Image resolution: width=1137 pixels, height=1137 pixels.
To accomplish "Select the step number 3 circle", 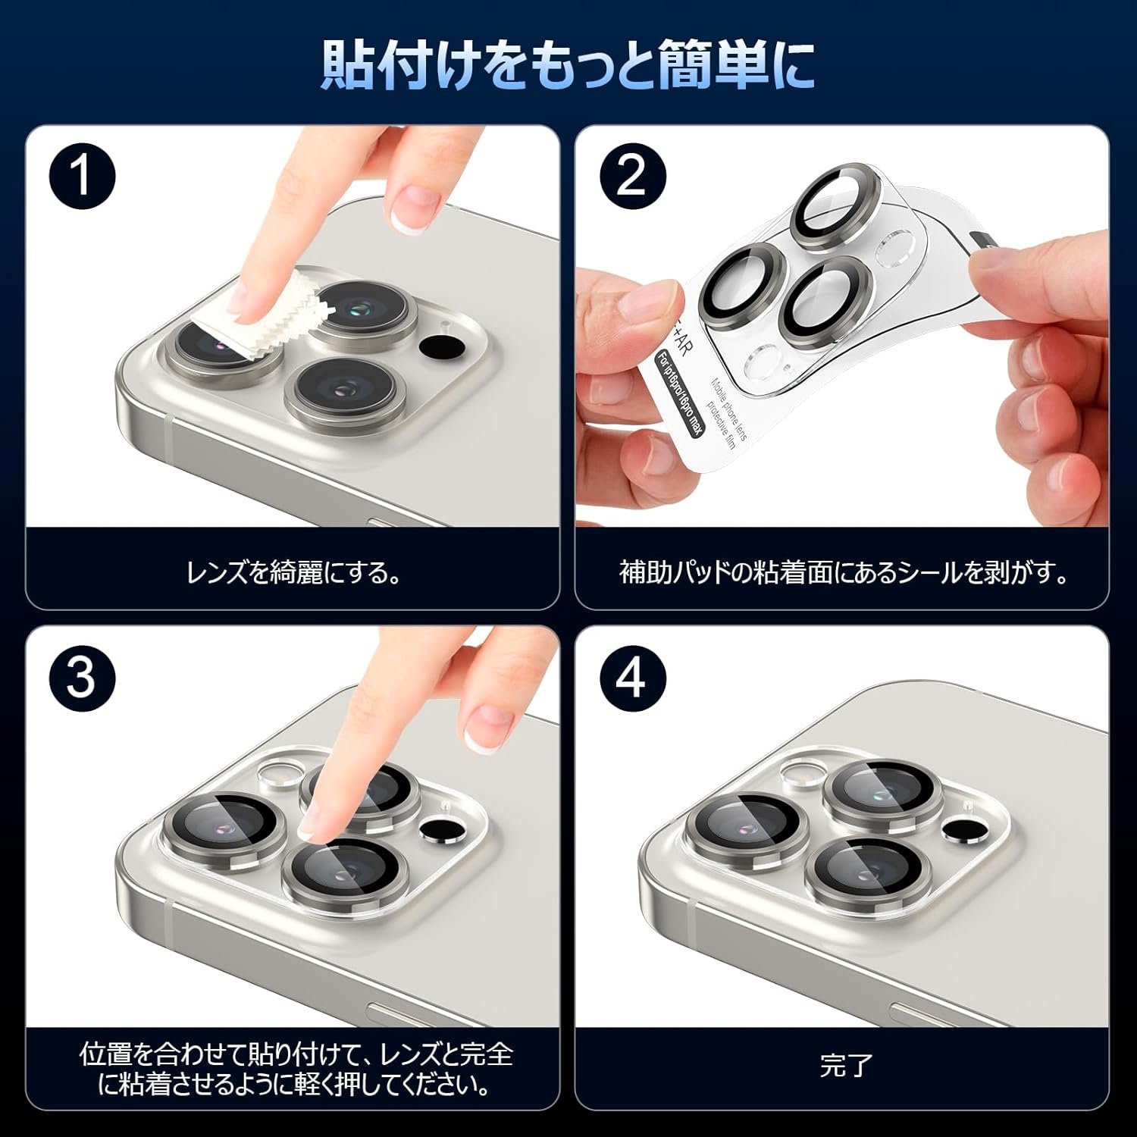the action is (x=83, y=678).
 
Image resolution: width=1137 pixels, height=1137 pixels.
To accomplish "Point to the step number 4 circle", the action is (x=632, y=678).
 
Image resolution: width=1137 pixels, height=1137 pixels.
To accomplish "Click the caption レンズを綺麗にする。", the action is (x=294, y=572).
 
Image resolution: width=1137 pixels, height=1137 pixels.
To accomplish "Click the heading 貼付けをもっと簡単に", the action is (x=568, y=65).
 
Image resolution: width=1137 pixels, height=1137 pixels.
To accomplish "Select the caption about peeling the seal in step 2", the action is (x=844, y=572).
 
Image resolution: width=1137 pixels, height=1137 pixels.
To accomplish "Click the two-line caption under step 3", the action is (x=296, y=1069).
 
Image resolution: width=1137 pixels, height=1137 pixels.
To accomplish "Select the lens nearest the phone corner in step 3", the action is (x=224, y=825).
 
